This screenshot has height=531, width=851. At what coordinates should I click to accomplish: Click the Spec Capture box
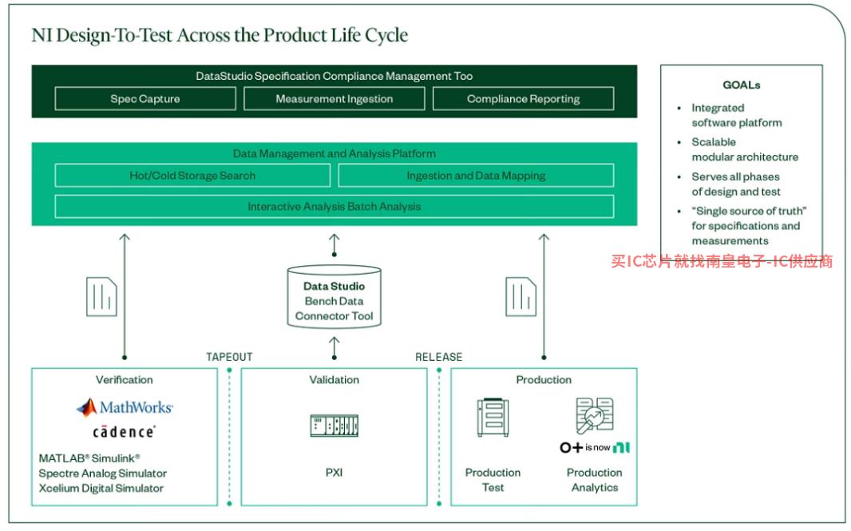coord(145,99)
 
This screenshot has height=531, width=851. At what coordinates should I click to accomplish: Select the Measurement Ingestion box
coord(334,99)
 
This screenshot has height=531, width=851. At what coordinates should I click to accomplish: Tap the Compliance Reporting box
coord(523,99)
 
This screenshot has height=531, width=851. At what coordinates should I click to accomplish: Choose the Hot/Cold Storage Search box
coord(192,176)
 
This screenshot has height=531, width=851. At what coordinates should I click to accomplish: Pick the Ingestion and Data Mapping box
coord(476,176)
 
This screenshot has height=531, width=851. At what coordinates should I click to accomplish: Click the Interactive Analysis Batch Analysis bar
coord(334,206)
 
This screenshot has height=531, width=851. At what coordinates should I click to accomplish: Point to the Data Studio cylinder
coord(334,296)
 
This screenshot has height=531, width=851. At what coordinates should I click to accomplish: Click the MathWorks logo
coord(125,407)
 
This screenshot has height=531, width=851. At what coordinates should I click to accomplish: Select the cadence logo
coord(124,432)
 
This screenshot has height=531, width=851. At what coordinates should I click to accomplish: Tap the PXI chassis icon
coord(334,426)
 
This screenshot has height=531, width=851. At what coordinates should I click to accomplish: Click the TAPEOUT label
coord(229,357)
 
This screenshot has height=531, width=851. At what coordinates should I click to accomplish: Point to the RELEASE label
coord(438,357)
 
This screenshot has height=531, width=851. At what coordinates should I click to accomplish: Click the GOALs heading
coord(742,85)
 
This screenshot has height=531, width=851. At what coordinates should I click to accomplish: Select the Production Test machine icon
coord(493,417)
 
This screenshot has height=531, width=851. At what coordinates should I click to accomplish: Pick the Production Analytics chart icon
coord(595,415)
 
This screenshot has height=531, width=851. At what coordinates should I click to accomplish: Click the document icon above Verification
coord(101,296)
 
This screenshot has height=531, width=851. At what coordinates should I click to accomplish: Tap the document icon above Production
coord(521,296)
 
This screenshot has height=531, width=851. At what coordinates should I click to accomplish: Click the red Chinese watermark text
coord(722,261)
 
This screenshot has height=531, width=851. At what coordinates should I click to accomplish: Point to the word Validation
coord(334,379)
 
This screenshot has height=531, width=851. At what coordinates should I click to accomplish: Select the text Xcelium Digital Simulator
coord(101,488)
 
